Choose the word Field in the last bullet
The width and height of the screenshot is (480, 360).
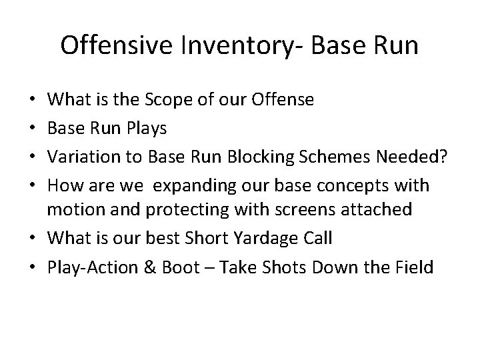pyautogui.click(x=415, y=267)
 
